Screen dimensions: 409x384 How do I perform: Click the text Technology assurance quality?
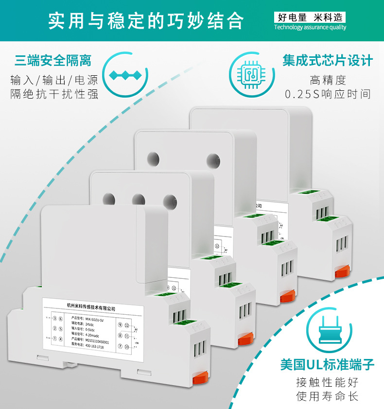[310, 28]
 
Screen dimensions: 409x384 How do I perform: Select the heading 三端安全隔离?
[53, 61]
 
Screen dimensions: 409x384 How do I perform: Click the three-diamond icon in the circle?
[125, 75]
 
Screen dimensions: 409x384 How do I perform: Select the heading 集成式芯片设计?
[328, 61]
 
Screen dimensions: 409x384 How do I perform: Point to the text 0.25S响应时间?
[328, 94]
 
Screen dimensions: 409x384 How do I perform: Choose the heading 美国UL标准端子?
[328, 364]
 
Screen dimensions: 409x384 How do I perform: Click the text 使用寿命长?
[328, 396]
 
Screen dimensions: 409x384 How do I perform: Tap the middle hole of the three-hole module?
[139, 199]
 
